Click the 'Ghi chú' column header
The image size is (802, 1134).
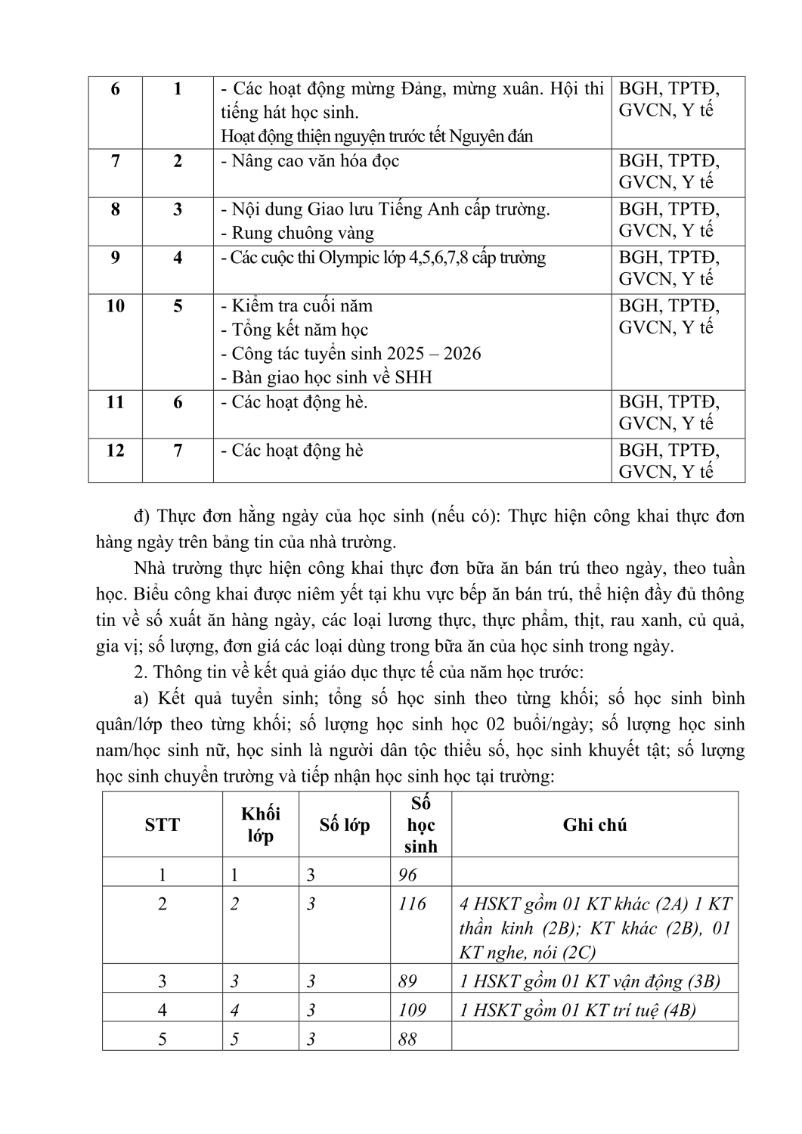tap(594, 825)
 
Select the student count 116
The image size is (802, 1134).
tap(412, 904)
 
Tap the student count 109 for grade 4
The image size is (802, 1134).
tap(412, 1010)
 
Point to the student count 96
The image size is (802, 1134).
tap(407, 875)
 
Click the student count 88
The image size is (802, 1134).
tap(407, 1039)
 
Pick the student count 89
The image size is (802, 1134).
tap(407, 982)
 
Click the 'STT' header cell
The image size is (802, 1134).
tap(163, 825)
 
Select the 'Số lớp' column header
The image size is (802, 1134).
tap(345, 825)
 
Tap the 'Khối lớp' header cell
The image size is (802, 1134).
tap(260, 825)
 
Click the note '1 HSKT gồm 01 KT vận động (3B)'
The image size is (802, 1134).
tap(590, 982)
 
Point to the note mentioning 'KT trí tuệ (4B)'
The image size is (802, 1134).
tap(578, 1010)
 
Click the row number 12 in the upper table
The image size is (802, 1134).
tap(115, 451)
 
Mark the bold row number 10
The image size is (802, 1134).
tap(115, 306)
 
